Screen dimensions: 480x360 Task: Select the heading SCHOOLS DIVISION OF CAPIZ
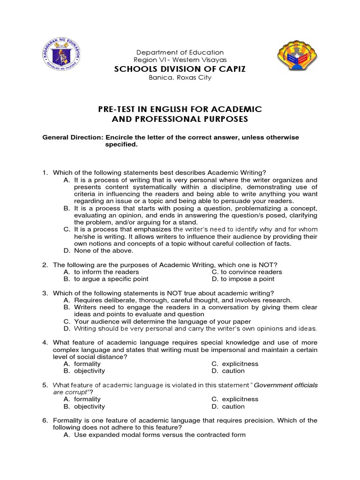tap(180, 69)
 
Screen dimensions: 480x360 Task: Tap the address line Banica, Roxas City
tap(180, 78)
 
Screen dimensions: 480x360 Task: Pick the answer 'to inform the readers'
tap(106, 272)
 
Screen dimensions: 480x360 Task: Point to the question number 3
tap(45, 293)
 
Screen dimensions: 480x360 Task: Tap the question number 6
tap(45, 420)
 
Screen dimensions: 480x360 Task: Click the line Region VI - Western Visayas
tap(180, 60)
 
